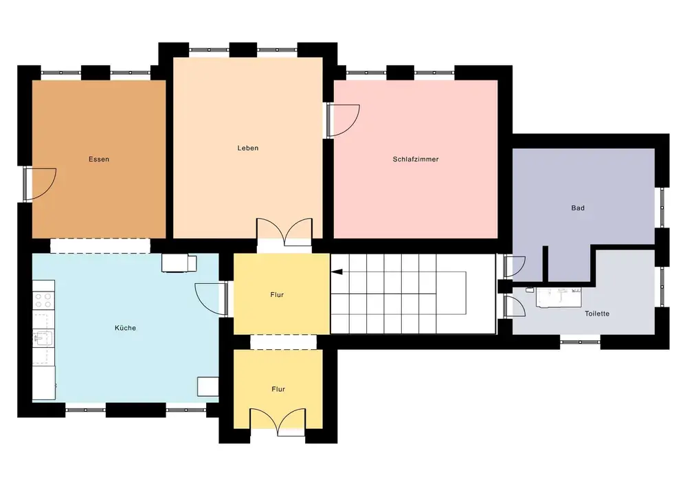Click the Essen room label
(x=99, y=159)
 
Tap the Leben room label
(x=248, y=148)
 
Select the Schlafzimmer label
(x=416, y=159)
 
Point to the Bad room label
(x=578, y=208)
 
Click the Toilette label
(x=597, y=313)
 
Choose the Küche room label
(x=125, y=328)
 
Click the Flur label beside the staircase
(x=277, y=295)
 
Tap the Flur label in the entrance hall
(x=278, y=388)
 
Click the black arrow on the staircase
(x=337, y=272)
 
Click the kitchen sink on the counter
(x=43, y=339)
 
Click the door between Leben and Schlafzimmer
(x=343, y=120)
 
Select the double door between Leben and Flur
(x=284, y=232)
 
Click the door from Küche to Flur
(x=211, y=298)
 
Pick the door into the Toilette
(x=515, y=305)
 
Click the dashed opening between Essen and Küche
(x=100, y=246)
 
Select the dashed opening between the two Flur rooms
(x=284, y=342)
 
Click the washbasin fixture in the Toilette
(x=559, y=298)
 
